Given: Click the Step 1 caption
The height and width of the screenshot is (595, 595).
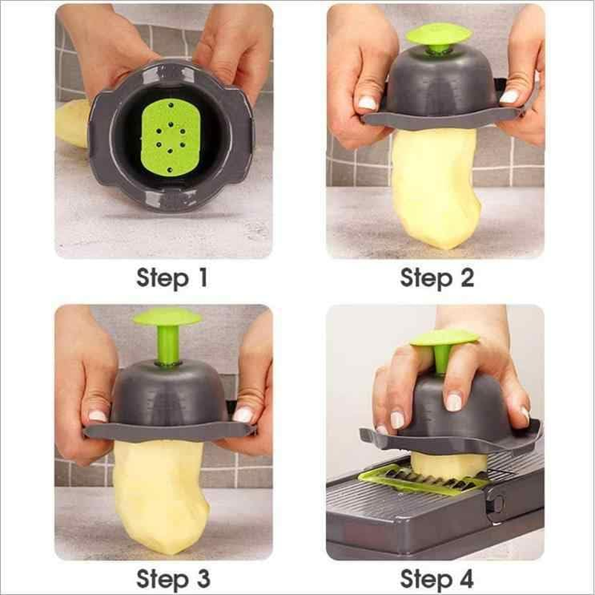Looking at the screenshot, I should [x=172, y=279].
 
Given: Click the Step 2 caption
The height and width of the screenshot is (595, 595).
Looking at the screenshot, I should [x=437, y=279].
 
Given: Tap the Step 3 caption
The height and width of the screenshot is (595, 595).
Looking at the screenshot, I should [x=172, y=578].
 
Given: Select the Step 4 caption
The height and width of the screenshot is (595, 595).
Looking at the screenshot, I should [x=437, y=578].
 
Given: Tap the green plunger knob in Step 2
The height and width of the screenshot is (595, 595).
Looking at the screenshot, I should [x=438, y=34].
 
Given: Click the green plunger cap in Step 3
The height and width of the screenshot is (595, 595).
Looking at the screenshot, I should [x=167, y=318].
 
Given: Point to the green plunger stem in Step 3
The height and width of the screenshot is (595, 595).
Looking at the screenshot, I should [x=167, y=345].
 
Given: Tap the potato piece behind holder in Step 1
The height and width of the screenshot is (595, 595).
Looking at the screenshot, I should [x=72, y=123].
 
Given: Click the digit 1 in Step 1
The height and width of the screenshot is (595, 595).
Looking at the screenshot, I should [x=201, y=279].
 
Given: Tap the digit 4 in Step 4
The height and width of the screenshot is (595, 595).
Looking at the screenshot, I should [x=464, y=578].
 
